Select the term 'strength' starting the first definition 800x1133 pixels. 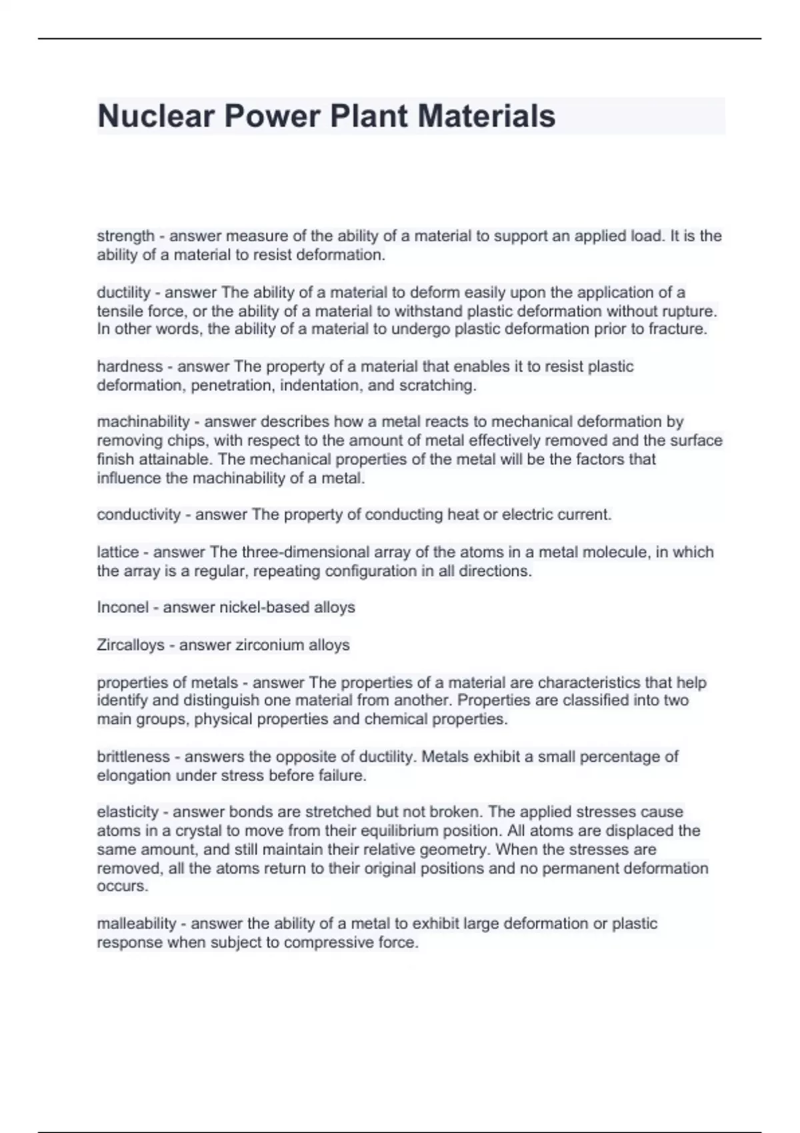click(125, 236)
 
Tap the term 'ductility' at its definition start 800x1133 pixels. click(123, 292)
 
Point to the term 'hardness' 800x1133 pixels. click(129, 366)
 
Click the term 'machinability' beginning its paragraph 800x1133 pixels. click(143, 421)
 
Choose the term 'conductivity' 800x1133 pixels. click(139, 515)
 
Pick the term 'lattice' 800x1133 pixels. click(118, 552)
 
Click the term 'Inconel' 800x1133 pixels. click(123, 607)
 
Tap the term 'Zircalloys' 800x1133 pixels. click(131, 644)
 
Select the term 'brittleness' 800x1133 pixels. click(133, 756)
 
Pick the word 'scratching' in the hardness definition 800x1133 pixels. click(436, 385)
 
